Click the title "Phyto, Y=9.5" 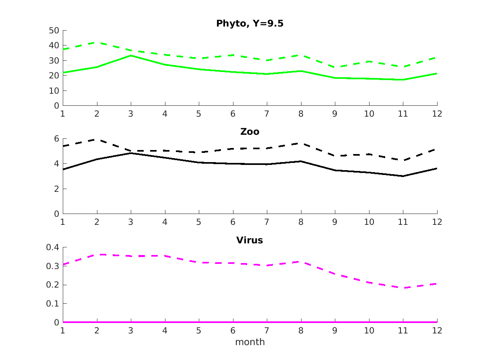pyautogui.click(x=250, y=23)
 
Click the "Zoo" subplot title pyautogui.click(x=250, y=132)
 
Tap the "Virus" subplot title pyautogui.click(x=250, y=240)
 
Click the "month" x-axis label pyautogui.click(x=250, y=342)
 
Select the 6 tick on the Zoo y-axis pyautogui.click(x=57, y=139)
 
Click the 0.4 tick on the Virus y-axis pyautogui.click(x=52, y=247)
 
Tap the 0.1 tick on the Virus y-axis pyautogui.click(x=52, y=304)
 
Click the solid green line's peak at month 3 pyautogui.click(x=131, y=56)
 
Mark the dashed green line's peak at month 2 pyautogui.click(x=97, y=42)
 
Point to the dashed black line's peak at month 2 pyautogui.click(x=97, y=139)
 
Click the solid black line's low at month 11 pyautogui.click(x=403, y=176)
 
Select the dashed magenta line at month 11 pyautogui.click(x=403, y=288)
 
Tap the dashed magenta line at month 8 pyautogui.click(x=301, y=262)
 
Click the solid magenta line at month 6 pyautogui.click(x=233, y=322)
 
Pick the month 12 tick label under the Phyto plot pyautogui.click(x=437, y=113)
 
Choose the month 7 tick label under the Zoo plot pyautogui.click(x=267, y=222)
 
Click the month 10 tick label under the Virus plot pyautogui.click(x=369, y=330)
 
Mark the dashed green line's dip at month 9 pyautogui.click(x=335, y=67)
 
